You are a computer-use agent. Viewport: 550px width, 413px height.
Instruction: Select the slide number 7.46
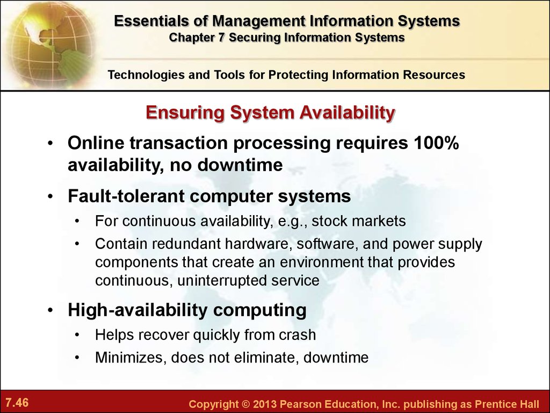pos(17,402)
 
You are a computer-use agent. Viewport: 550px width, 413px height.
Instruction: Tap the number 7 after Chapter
pos(221,37)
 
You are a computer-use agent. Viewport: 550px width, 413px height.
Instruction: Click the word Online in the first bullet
pos(96,143)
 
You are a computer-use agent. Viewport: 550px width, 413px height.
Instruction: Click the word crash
pos(298,334)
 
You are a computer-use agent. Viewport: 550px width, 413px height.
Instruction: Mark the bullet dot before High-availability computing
pos(50,311)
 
